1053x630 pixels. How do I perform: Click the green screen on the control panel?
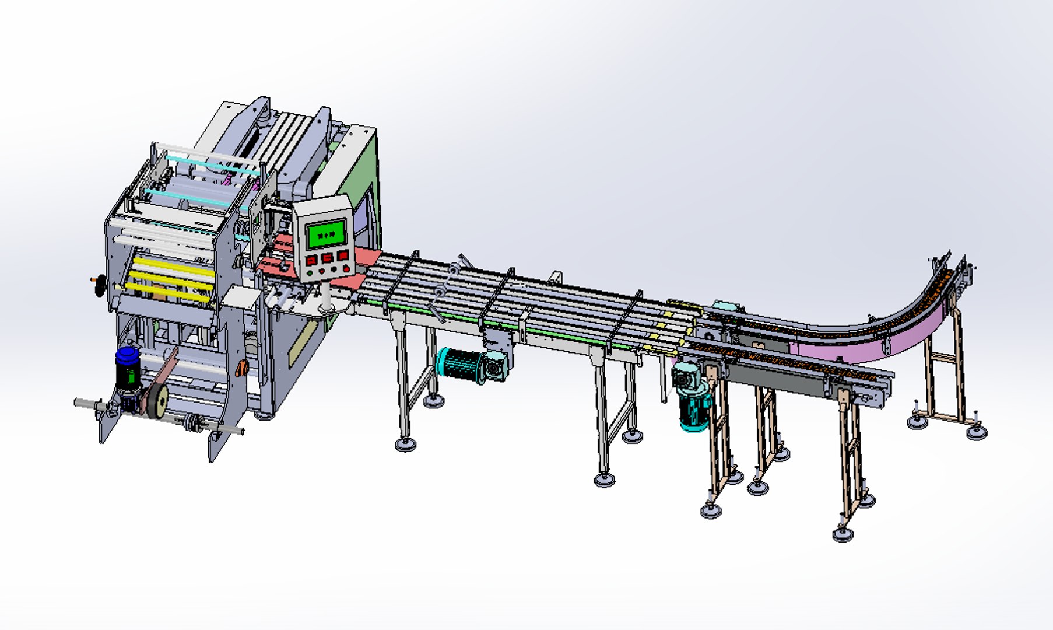326,234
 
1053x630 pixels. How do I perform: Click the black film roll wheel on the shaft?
157,402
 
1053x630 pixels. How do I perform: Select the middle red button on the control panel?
327,257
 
